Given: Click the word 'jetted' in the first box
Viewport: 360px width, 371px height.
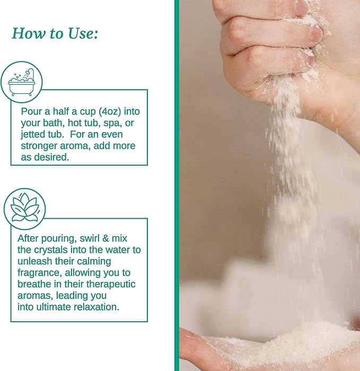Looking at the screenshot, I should (x=35, y=134).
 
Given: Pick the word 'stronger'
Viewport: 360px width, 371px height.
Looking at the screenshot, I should (x=40, y=146).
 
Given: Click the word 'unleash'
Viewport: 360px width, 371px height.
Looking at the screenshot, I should (x=34, y=261).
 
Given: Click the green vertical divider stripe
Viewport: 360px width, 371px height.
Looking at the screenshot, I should (x=177, y=185).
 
